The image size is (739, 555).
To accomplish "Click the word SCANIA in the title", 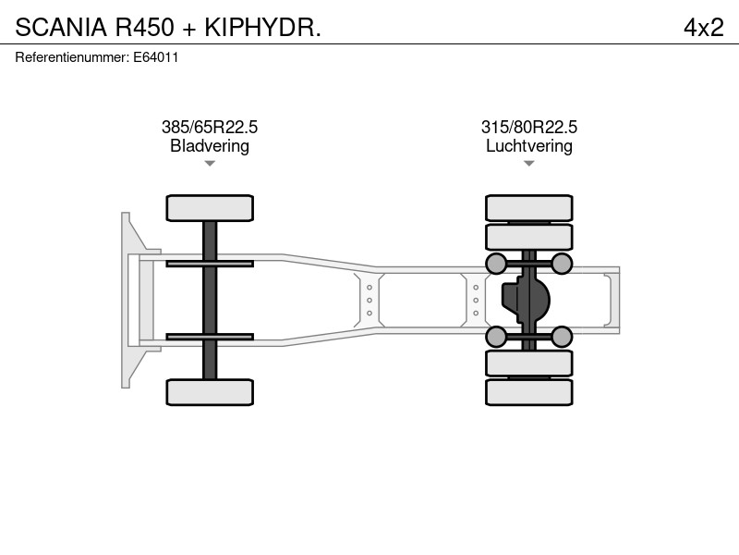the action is point(61,28).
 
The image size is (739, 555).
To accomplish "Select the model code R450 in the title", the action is point(145,28).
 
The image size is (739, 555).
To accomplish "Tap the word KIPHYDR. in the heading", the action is point(262,28).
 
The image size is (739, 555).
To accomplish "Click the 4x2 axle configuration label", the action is point(704,28).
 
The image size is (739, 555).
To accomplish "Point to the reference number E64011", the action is point(156,57).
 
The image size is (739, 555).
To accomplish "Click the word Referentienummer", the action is point(71,57).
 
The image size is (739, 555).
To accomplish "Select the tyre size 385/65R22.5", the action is point(210,127).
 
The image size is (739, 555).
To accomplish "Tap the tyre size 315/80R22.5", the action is point(529,127).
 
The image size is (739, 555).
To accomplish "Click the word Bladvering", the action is point(210,146).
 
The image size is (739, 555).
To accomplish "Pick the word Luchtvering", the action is point(529,146).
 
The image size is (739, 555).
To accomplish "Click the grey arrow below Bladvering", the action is point(210,164).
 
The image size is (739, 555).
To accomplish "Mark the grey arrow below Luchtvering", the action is point(529,164).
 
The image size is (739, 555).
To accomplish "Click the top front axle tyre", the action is point(210,208).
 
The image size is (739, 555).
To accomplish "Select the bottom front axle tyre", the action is point(210,392).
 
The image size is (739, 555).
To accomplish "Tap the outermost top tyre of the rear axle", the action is point(529,208).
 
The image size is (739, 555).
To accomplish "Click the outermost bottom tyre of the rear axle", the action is point(529,392).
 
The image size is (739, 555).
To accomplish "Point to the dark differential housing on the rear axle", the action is point(526,300).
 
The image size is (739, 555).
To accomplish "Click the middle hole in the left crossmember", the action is point(369,300).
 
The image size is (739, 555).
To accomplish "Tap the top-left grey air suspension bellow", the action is point(496,264).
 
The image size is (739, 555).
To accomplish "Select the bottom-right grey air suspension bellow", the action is point(562,337).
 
